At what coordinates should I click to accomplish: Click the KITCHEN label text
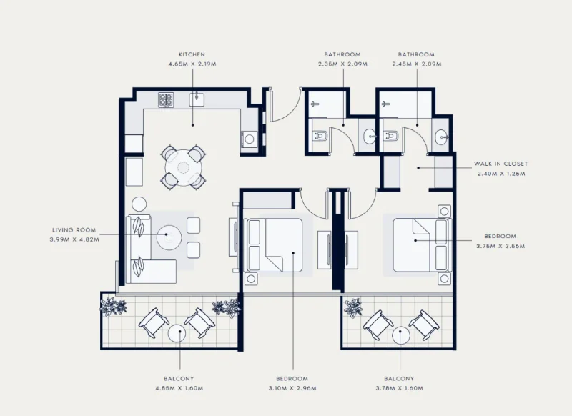click(192, 54)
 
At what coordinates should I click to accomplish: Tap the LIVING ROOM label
click(74, 230)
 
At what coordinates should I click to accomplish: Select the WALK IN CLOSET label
click(501, 164)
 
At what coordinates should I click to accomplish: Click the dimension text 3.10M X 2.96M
click(292, 388)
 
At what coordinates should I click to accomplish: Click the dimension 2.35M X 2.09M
click(342, 64)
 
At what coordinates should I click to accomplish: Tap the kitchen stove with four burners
click(166, 100)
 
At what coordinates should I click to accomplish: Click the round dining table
click(184, 167)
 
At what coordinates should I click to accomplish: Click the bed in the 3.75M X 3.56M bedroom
click(420, 244)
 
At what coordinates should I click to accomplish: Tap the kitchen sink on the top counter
click(197, 99)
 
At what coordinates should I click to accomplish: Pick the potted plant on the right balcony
click(353, 307)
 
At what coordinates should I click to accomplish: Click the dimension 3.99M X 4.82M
click(74, 239)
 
